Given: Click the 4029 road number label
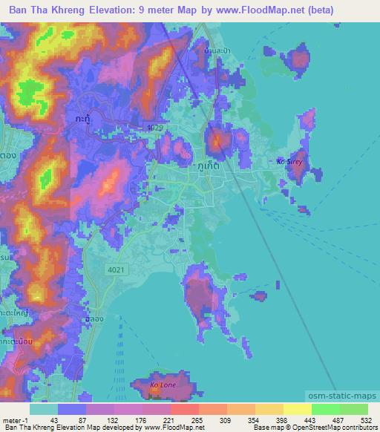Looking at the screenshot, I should click(154, 128).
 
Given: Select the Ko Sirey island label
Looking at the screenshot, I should click(289, 160).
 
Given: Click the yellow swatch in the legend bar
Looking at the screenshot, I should click(297, 409).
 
